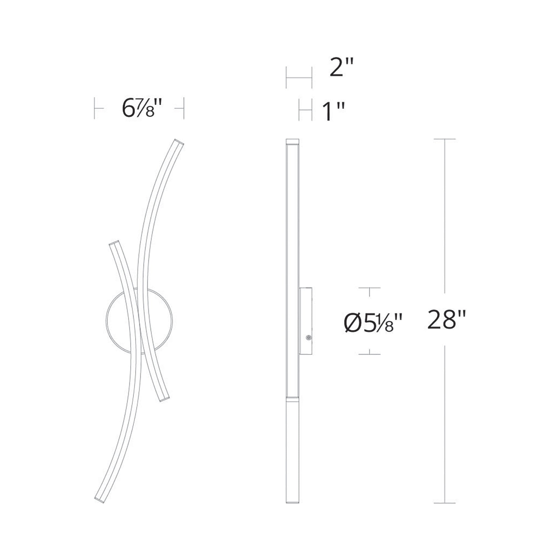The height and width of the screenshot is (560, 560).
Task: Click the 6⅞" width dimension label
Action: pyautogui.click(x=142, y=108)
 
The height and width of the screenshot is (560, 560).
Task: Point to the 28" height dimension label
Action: pyautogui.click(x=446, y=320)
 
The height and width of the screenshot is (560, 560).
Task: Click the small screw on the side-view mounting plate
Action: pyautogui.click(x=309, y=337)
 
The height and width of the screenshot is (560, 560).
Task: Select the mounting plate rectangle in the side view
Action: pyautogui.click(x=305, y=321)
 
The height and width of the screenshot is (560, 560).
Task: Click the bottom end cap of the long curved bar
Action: pyautogui.click(x=99, y=500)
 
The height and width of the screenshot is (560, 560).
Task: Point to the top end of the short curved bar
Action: pyautogui.click(x=114, y=243)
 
